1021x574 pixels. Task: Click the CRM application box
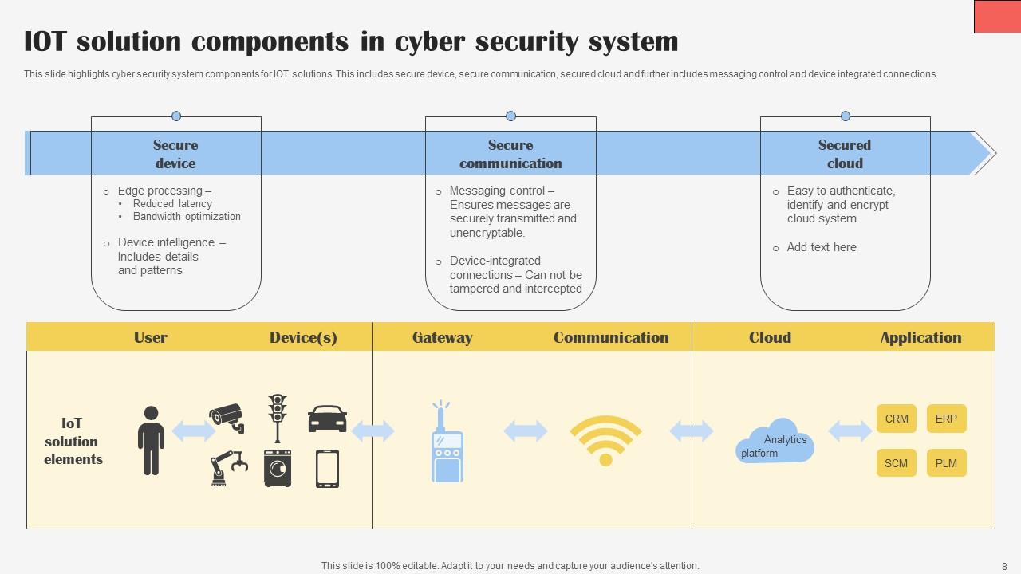point(897,419)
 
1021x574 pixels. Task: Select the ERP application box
point(946,419)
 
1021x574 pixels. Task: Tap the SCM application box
point(897,463)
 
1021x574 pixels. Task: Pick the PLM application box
point(946,463)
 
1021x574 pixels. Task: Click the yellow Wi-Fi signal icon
point(605,439)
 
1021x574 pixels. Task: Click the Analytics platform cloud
point(775,442)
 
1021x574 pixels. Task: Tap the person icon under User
point(151,440)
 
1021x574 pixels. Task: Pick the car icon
point(327,418)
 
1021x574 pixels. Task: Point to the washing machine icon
point(278,468)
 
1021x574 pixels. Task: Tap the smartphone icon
point(327,468)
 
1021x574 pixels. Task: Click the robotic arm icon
point(227,468)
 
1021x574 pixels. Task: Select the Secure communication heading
point(510,154)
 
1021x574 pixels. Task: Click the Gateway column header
point(442,337)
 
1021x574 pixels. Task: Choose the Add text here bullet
point(822,247)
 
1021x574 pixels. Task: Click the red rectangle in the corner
point(997,17)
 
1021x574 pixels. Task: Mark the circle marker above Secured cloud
point(846,116)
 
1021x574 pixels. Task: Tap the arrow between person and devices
point(194,431)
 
